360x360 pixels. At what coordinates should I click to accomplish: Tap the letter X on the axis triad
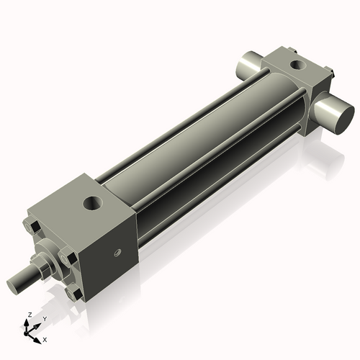point(45,338)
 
